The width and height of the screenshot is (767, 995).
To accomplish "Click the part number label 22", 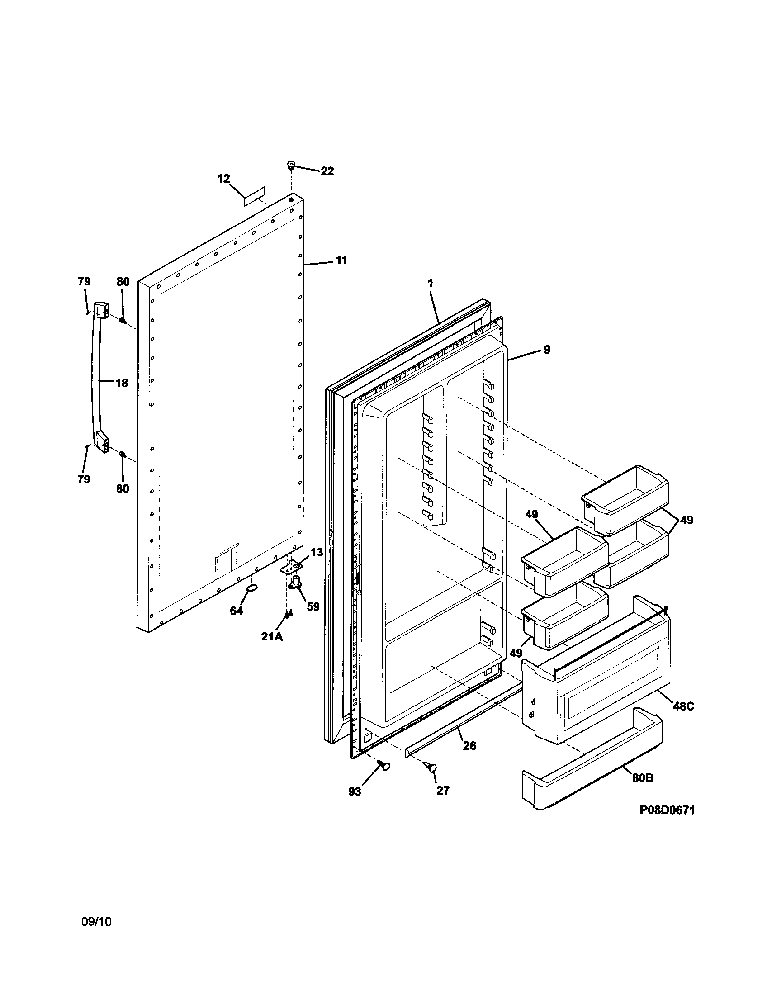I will coord(327,171).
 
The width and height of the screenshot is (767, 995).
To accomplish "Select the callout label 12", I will coord(223,179).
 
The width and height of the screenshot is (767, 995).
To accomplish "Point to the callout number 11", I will coord(341,260).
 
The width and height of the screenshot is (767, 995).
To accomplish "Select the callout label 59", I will coord(312,607).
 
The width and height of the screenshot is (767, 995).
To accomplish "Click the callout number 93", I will coord(355,792).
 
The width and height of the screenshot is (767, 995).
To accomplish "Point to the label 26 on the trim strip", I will coord(469,746).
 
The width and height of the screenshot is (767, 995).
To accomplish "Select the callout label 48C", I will coord(683,706).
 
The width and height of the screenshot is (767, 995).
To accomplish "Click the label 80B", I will coord(643,778).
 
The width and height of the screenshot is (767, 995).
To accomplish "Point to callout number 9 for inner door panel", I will coord(547,350).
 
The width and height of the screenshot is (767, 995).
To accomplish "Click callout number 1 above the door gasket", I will coord(431,283).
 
